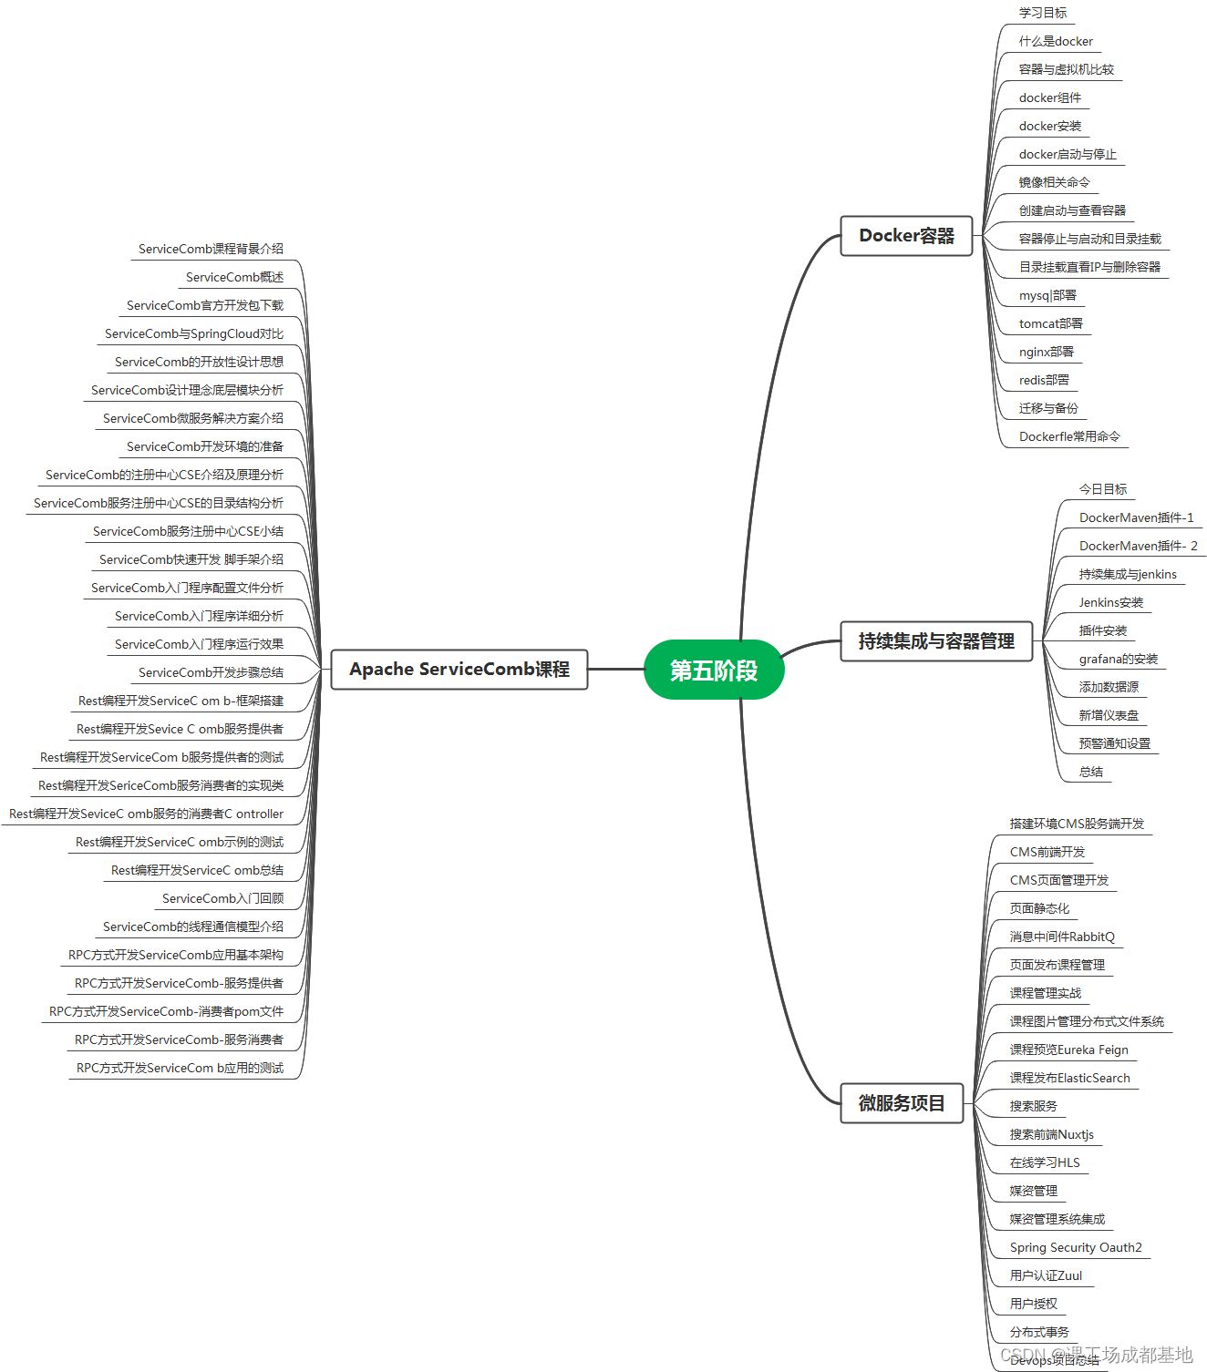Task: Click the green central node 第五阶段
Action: [x=714, y=670]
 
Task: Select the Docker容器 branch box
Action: [x=906, y=236]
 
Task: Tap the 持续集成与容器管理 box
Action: [x=935, y=641]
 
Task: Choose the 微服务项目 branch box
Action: [x=901, y=1103]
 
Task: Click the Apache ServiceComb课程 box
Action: [x=459, y=670]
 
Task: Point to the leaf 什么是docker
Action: [x=1056, y=42]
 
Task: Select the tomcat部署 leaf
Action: [x=1050, y=324]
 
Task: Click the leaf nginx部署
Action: [x=1046, y=353]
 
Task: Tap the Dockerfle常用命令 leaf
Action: [x=1069, y=437]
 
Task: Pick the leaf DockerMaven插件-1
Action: [x=1136, y=518]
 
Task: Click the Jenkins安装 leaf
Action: [x=1110, y=603]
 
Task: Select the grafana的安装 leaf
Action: [x=1118, y=660]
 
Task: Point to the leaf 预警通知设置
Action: [x=1114, y=744]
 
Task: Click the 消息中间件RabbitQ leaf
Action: [x=1062, y=937]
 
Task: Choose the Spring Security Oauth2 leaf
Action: [x=1076, y=1248]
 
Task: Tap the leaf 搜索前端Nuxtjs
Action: [x=1051, y=1135]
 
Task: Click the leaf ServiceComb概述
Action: [x=234, y=278]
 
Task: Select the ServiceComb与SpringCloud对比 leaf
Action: [x=193, y=334]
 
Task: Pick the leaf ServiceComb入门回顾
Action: [x=222, y=899]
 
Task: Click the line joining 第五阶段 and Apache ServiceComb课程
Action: [x=615, y=670]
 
